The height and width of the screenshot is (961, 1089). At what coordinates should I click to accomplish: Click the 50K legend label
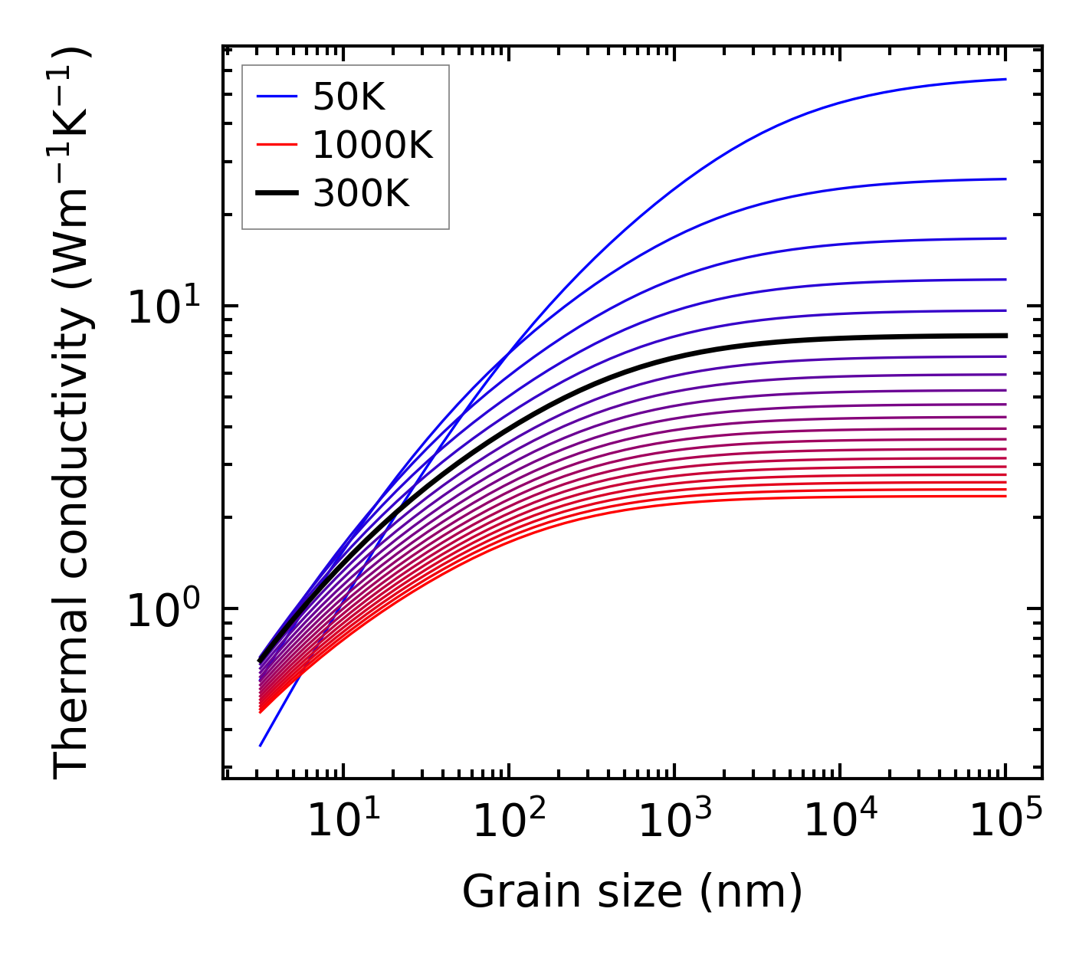tap(349, 97)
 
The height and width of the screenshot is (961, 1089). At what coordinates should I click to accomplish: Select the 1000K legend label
tap(372, 145)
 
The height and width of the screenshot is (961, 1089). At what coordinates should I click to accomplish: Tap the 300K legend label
tap(361, 194)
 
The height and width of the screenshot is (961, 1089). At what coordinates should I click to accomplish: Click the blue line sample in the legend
tap(276, 97)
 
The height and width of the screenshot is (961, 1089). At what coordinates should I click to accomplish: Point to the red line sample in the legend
tap(276, 145)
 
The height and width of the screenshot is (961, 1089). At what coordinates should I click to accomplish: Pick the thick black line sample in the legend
tap(276, 194)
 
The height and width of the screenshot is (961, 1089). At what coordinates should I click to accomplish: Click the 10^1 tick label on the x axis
tap(343, 822)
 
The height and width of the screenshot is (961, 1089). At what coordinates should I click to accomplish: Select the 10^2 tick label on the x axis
tap(508, 822)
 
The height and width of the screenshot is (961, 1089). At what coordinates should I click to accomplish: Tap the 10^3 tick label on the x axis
tap(674, 822)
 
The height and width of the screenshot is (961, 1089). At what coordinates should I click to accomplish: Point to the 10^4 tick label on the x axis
tap(839, 822)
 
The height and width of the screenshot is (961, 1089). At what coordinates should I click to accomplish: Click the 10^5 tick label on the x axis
tap(1005, 822)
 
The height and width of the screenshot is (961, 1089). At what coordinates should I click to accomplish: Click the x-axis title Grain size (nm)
tap(632, 892)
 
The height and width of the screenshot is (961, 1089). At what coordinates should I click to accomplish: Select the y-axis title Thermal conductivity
tap(72, 414)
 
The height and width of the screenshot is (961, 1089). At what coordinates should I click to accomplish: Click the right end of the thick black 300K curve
tap(1005, 336)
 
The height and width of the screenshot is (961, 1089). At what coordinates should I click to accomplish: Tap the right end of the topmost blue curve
tap(1005, 79)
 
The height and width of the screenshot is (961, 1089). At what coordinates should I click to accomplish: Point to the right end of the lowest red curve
tap(1005, 496)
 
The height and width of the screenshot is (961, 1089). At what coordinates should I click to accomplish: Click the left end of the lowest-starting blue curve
tap(261, 745)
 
